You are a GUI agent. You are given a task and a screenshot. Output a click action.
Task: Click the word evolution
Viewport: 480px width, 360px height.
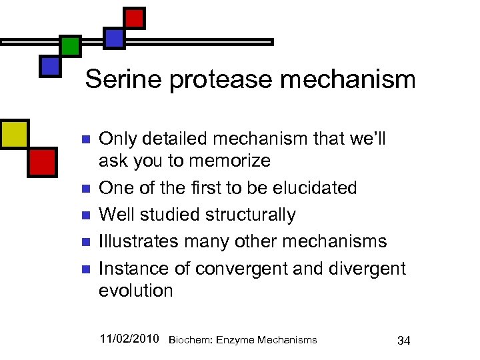[136, 291]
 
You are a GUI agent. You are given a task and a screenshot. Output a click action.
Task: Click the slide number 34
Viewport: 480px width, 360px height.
[403, 341]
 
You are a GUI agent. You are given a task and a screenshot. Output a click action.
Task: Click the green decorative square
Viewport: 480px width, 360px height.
[70, 46]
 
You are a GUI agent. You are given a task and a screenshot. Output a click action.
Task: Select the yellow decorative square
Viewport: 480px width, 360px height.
[14, 133]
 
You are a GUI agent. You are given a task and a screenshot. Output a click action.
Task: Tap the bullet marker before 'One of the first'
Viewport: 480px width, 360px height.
[85, 189]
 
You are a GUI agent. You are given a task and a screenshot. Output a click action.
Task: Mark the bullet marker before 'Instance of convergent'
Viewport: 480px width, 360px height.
[85, 269]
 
